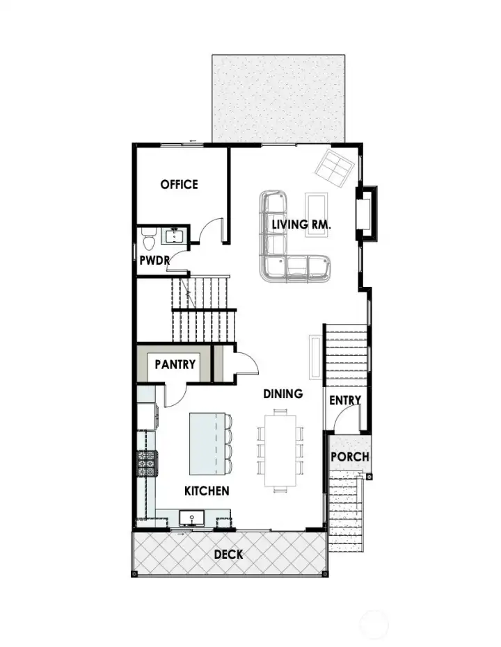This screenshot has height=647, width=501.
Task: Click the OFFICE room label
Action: [x=179, y=184]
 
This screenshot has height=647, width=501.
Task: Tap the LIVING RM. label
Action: [x=301, y=224]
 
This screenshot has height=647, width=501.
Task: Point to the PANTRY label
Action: [x=175, y=364]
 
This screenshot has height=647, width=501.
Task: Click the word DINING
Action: [x=283, y=393]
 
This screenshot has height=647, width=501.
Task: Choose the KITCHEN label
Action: [x=207, y=491]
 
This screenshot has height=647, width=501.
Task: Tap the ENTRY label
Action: [x=344, y=400]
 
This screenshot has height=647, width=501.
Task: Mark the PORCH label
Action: [x=349, y=457]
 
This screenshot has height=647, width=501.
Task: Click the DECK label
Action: [x=228, y=554]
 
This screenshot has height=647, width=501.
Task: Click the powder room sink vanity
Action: [x=173, y=237]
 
